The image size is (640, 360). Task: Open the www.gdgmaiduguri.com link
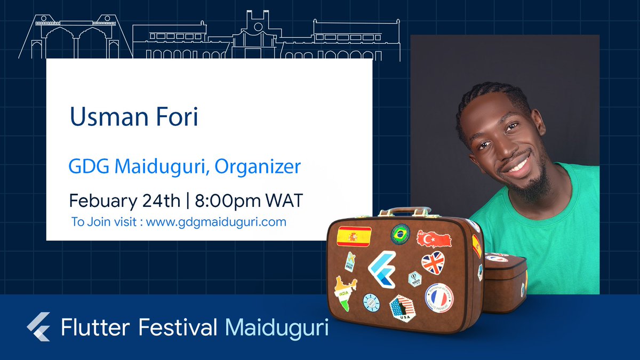click(x=216, y=221)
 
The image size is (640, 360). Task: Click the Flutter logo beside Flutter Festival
click(x=38, y=326)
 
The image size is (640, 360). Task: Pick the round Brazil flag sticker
click(x=399, y=233)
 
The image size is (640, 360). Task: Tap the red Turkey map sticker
click(x=434, y=239)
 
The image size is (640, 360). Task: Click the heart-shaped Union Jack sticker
click(x=433, y=262)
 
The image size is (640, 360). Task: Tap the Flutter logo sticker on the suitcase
click(x=382, y=269)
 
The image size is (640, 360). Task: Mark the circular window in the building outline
click(x=258, y=27)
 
